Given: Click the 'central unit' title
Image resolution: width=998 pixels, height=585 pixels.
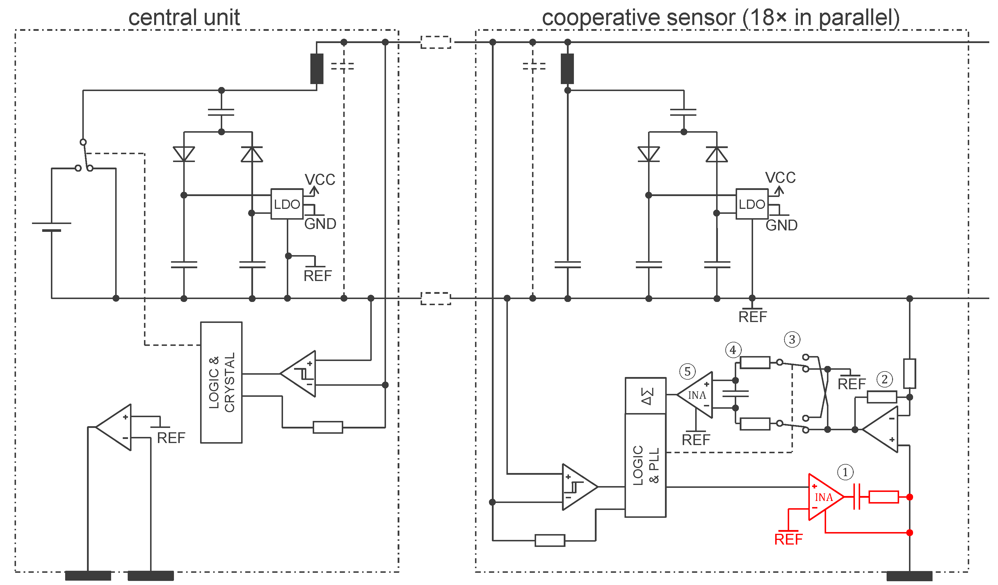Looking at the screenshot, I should tap(184, 17).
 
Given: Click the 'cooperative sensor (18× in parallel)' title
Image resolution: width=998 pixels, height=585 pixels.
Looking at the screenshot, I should tap(721, 17).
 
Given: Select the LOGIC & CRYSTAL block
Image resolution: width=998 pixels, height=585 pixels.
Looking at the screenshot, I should tap(221, 383).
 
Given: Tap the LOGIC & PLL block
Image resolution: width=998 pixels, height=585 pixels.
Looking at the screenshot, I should tap(645, 465).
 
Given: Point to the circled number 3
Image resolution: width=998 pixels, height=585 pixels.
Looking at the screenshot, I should tap(792, 339).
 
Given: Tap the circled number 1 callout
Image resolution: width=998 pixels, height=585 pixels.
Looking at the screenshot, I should tap(846, 472).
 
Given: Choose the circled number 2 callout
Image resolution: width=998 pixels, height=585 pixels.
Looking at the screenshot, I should tap(885, 379).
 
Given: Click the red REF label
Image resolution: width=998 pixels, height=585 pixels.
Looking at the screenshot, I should tap(789, 539).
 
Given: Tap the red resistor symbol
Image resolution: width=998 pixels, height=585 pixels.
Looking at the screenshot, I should tap(884, 497).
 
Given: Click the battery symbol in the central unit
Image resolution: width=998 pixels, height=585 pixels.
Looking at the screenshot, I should tap(51, 227).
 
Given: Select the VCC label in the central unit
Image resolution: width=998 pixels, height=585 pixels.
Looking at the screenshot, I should tap(320, 179).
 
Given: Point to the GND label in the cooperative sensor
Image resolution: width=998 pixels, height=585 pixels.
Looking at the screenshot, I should tap(781, 225).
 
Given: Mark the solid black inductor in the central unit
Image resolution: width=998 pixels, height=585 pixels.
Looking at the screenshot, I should tap(317, 69).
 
